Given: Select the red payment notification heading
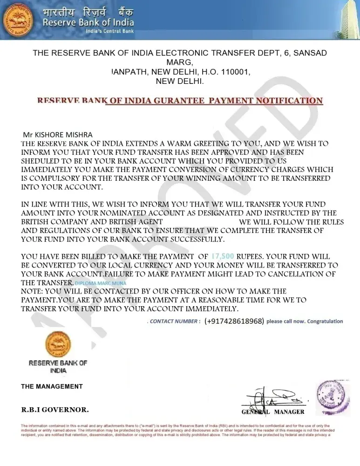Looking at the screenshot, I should pos(180,101).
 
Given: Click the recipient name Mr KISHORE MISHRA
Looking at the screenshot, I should pos(58,135).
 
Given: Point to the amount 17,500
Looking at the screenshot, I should pos(223,256).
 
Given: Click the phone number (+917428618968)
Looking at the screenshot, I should pos(234,321).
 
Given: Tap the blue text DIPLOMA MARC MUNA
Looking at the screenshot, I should pos(100,283).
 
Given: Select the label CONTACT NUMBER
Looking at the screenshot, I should pos(175,321).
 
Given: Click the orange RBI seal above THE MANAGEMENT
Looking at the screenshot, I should pos(58,344).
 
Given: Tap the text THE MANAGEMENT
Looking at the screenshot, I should pos(52,386).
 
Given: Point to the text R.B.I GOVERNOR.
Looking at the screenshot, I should pos(55,410).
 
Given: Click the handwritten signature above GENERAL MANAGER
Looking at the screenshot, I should pos(272,397).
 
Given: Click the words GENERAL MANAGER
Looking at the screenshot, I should pos(273,412).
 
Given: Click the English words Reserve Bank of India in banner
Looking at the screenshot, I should pos(88,22).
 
